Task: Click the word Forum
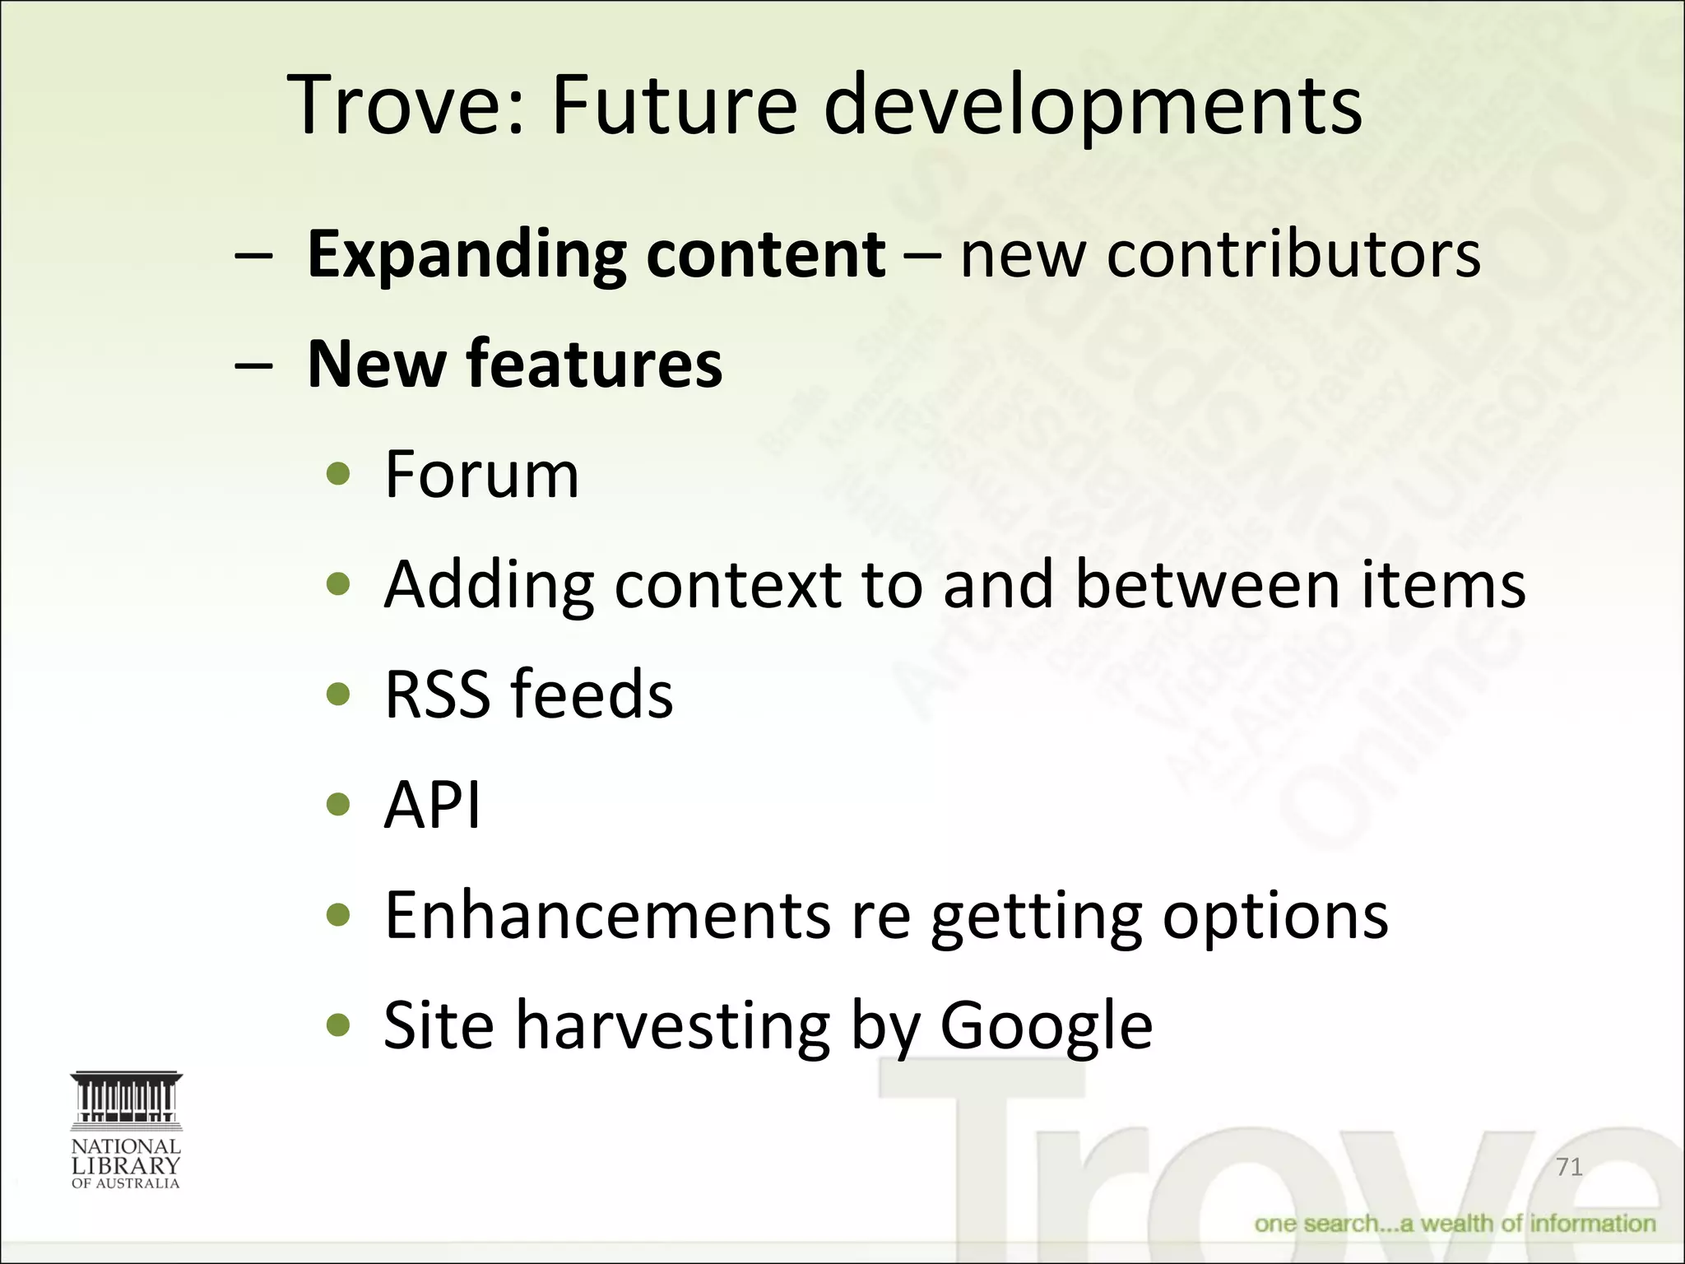(x=481, y=475)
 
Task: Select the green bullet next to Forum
(x=338, y=475)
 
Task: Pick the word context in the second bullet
(x=727, y=584)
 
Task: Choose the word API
(x=432, y=804)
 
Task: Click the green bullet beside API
(x=338, y=804)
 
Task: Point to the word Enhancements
(x=607, y=914)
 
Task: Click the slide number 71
(x=1569, y=1167)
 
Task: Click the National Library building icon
(x=126, y=1100)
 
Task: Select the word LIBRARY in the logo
(x=126, y=1165)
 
